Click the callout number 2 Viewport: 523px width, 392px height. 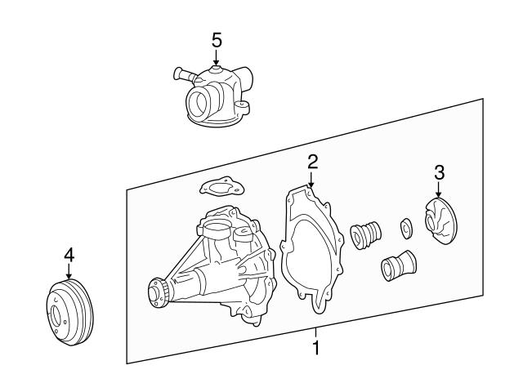pos(311,161)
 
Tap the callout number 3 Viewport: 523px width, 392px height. pos(439,172)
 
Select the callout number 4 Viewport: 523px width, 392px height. pos(69,256)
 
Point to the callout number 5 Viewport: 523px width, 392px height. pos(216,39)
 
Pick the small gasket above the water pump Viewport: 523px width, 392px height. pos(218,188)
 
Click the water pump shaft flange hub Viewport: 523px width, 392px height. pos(158,291)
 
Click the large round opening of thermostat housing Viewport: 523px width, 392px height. pos(200,105)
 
